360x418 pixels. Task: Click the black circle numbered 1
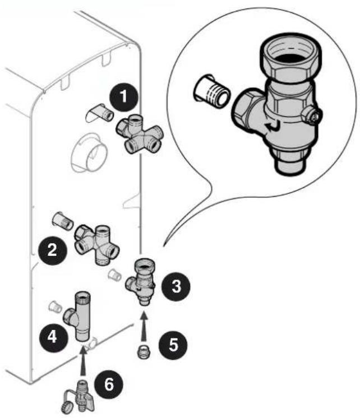(123, 96)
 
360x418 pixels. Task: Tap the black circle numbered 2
(52, 250)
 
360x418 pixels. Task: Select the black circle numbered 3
(176, 286)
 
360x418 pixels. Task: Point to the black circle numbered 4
(52, 337)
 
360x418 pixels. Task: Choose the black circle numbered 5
(173, 345)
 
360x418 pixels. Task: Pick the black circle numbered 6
(109, 385)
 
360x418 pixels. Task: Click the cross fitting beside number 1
(139, 134)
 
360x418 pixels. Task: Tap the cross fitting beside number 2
(97, 245)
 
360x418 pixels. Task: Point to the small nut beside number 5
(144, 353)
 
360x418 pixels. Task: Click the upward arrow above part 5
(144, 327)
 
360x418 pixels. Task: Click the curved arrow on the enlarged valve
(273, 127)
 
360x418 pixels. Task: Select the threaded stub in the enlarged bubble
(211, 91)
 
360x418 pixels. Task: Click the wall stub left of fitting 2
(63, 221)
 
